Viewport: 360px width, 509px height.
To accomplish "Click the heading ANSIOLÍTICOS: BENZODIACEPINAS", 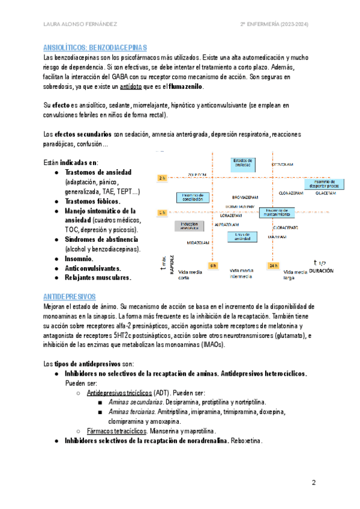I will (95, 47).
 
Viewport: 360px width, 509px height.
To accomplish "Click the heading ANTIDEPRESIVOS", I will (70, 297).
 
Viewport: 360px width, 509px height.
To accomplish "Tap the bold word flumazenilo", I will (187, 87).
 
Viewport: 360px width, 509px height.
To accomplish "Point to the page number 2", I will (313, 483).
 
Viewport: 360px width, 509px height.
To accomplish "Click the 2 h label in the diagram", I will (162, 178).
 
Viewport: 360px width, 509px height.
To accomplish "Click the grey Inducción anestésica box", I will (187, 226).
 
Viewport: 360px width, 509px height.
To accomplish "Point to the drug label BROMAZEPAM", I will (244, 196).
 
